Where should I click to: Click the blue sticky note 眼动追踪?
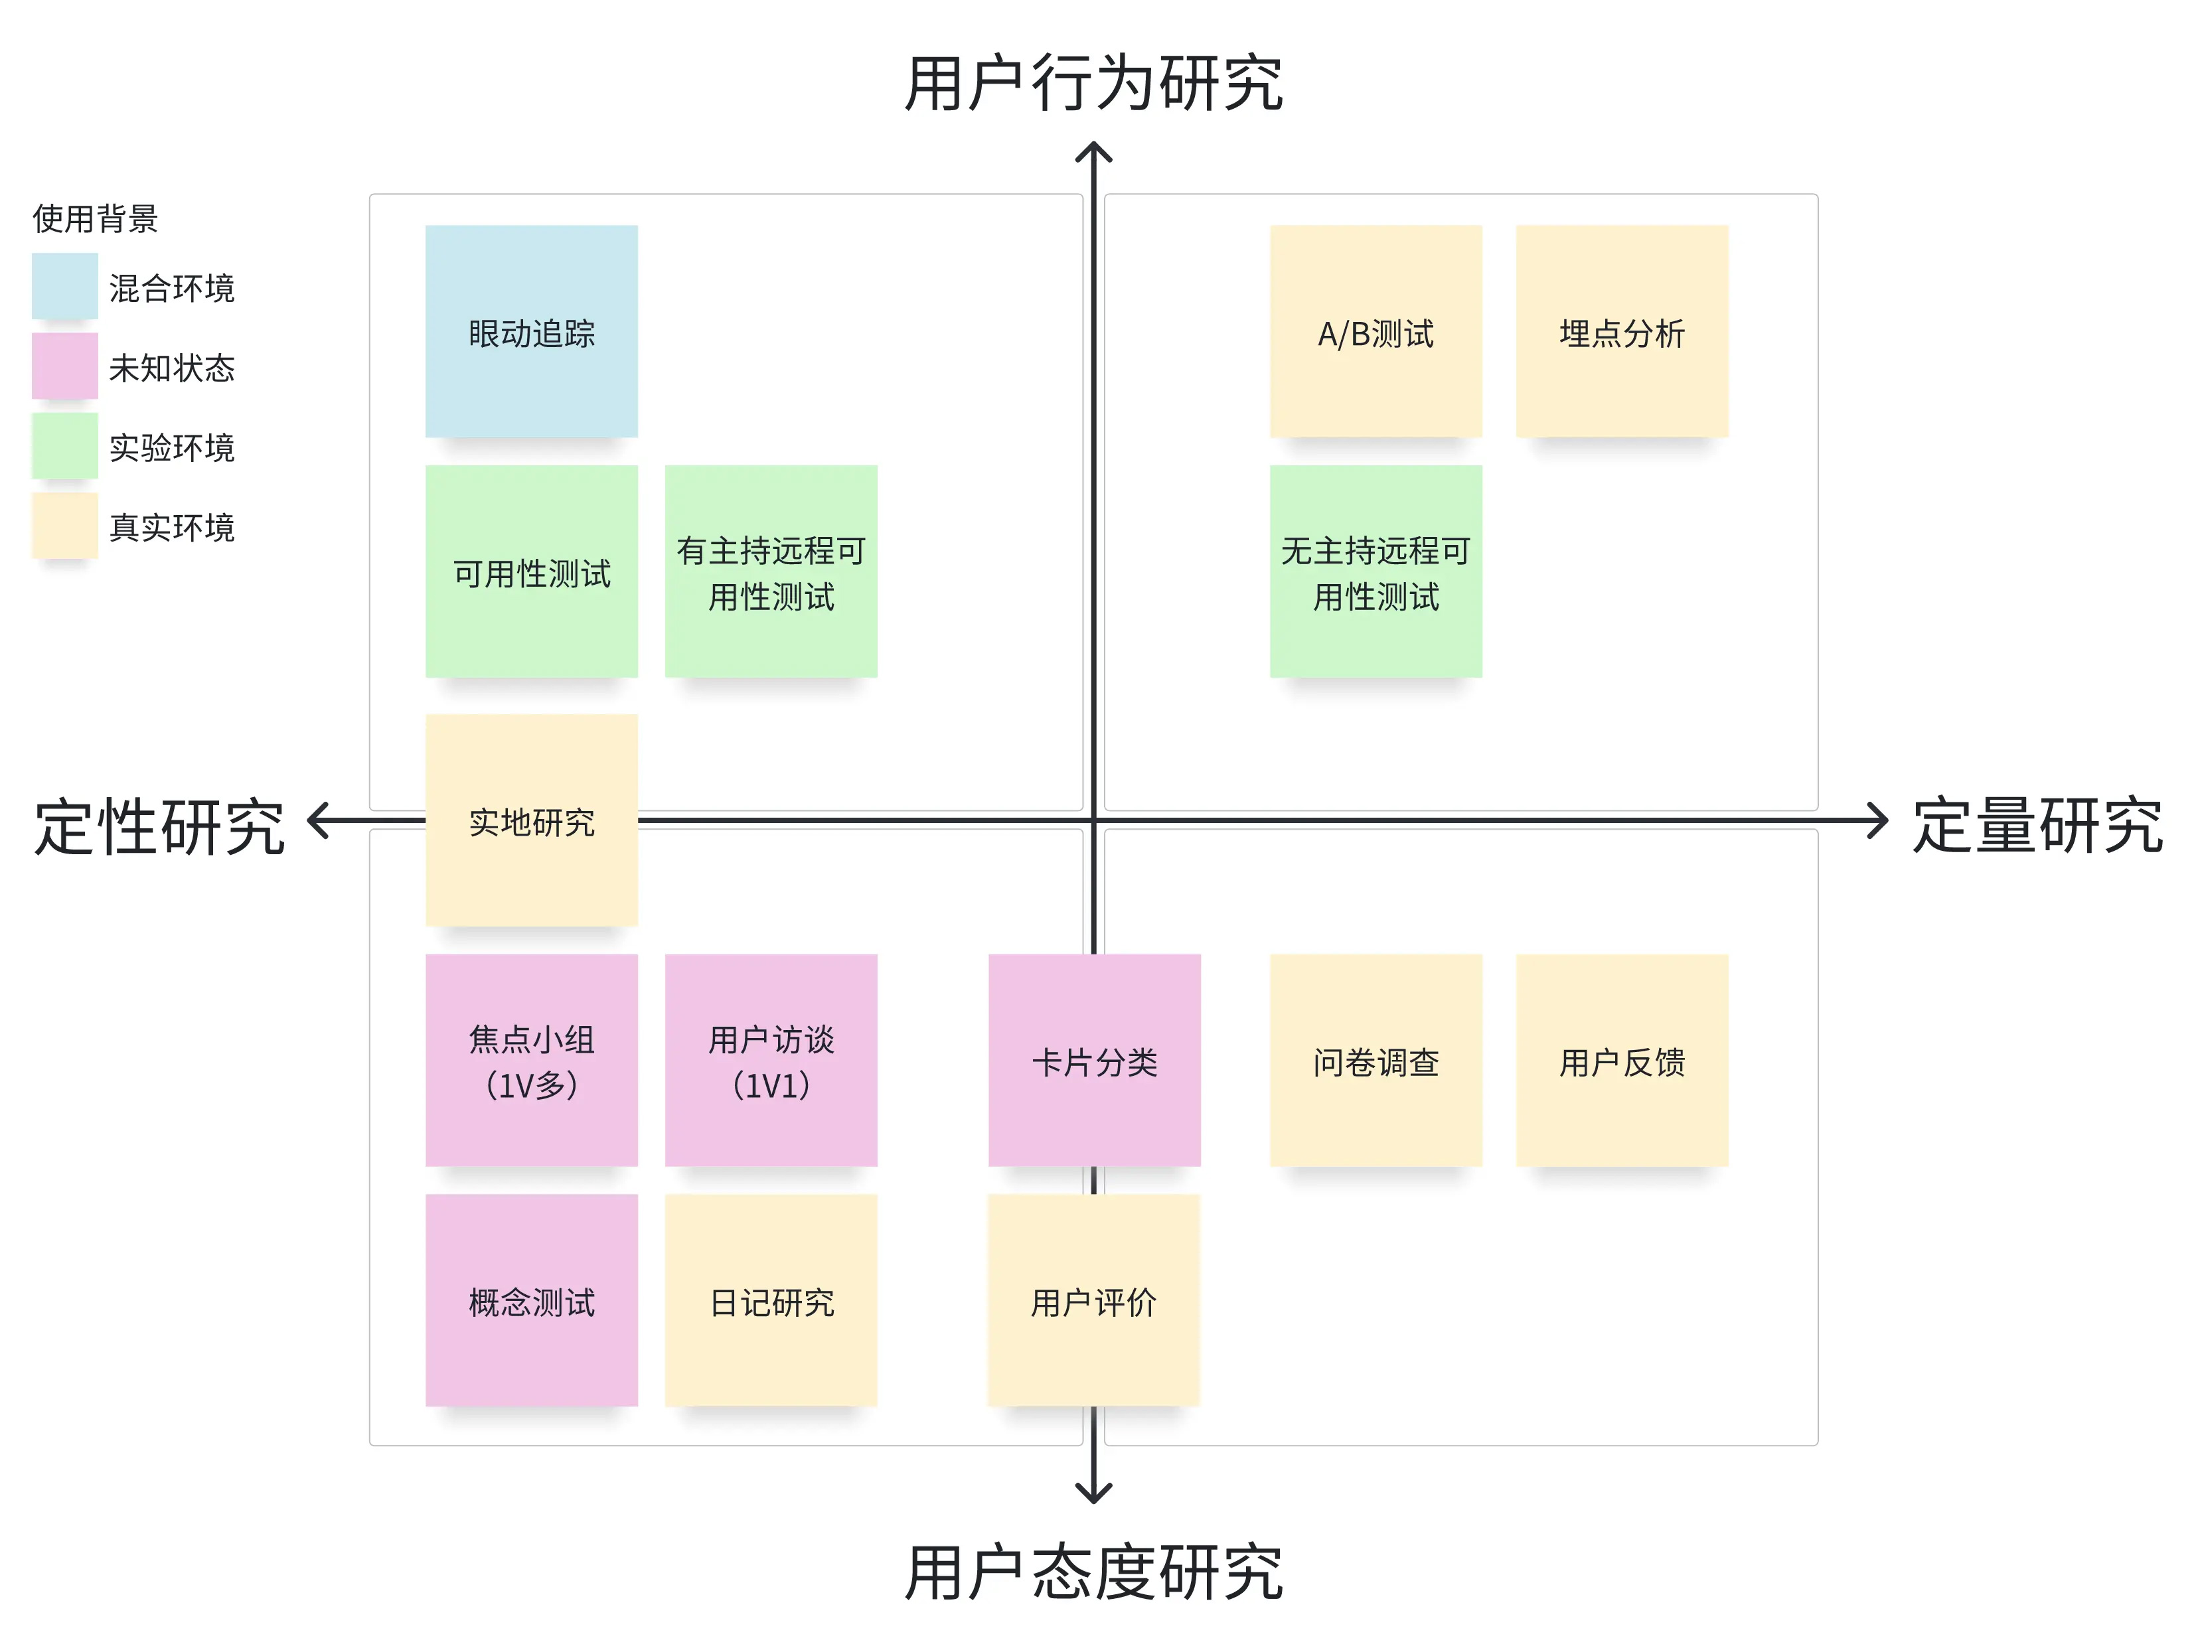coord(531,331)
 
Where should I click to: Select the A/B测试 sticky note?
coord(1375,331)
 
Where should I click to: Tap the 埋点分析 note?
coord(1622,331)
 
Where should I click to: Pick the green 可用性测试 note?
coord(531,572)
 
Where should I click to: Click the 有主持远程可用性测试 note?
coord(771,572)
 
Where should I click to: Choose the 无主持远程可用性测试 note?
coord(1375,572)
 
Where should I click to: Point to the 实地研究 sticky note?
coord(531,820)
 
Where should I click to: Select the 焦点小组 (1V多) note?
coord(531,1060)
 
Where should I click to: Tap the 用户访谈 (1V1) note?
coord(771,1060)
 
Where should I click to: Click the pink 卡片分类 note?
coord(1094,1060)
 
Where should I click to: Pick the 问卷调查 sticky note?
coord(1375,1060)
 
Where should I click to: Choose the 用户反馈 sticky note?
coord(1622,1060)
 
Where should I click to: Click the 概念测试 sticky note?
coord(531,1301)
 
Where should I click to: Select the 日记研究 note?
coord(771,1301)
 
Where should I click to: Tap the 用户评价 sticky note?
coord(1094,1301)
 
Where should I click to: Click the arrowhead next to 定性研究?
coord(317,820)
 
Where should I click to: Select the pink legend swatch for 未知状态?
coord(64,366)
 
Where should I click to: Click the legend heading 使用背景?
coord(96,218)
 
